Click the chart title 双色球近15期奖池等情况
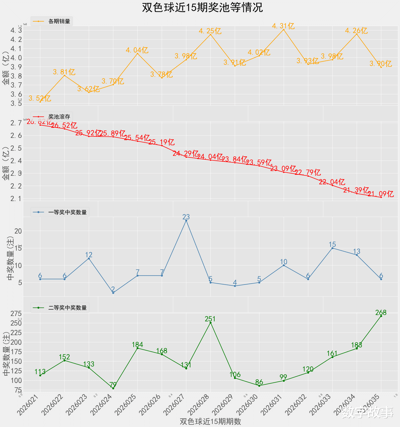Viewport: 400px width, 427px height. coord(202,7)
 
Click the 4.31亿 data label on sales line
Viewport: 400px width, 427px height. coord(283,26)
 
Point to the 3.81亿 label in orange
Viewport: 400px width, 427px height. coord(64,72)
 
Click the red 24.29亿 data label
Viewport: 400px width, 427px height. coord(185,153)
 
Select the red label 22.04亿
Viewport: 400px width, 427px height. coord(332,182)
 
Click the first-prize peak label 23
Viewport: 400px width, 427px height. coord(186,217)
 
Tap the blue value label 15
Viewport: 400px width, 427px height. coord(332,245)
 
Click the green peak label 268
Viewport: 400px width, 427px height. coord(381,313)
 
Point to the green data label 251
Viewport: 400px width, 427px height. coord(210,319)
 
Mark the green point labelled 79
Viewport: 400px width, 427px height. coord(113,388)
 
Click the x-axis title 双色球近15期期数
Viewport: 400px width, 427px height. coord(210,421)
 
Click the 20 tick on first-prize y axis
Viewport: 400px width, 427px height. coord(18,231)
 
